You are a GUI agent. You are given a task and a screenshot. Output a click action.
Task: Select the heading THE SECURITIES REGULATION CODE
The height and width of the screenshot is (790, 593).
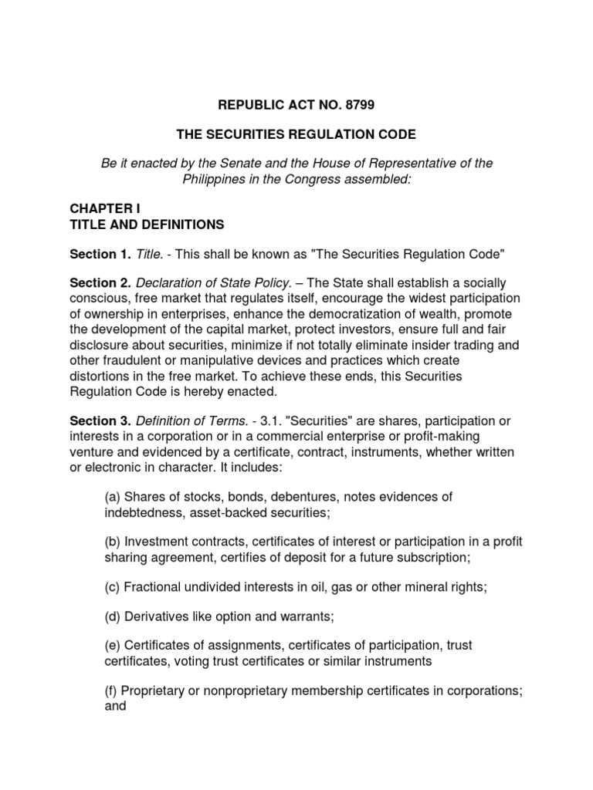click(296, 134)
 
